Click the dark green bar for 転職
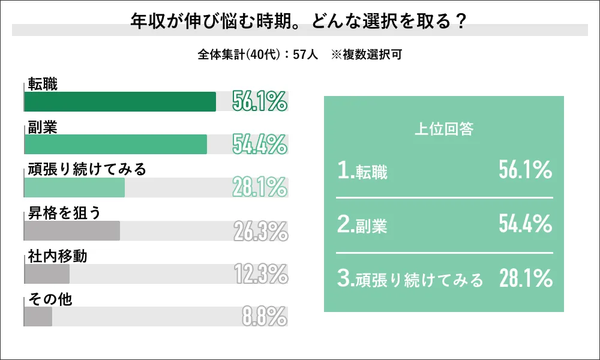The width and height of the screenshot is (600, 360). pyautogui.click(x=120, y=101)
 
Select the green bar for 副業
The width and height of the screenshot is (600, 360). pyautogui.click(x=116, y=145)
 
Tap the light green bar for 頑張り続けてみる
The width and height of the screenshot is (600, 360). pyautogui.click(x=74, y=188)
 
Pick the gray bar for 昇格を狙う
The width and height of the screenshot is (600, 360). pyautogui.click(x=72, y=231)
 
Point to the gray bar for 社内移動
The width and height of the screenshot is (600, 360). pyautogui.click(x=47, y=274)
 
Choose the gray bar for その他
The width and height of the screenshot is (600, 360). pyautogui.click(x=38, y=317)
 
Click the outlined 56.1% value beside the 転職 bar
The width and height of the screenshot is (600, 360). pyautogui.click(x=260, y=102)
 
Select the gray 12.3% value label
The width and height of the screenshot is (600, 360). pyautogui.click(x=260, y=275)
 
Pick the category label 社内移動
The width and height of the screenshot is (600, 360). pyautogui.click(x=58, y=256)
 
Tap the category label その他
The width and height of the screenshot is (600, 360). pyautogui.click(x=50, y=299)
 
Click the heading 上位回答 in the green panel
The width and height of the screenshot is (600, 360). pyautogui.click(x=444, y=130)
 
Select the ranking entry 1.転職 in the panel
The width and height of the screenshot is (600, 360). pyautogui.click(x=362, y=173)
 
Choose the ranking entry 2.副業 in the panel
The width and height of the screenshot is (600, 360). pyautogui.click(x=362, y=226)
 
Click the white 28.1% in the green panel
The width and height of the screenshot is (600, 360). pyautogui.click(x=525, y=278)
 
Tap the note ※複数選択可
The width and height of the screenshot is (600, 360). pyautogui.click(x=366, y=54)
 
